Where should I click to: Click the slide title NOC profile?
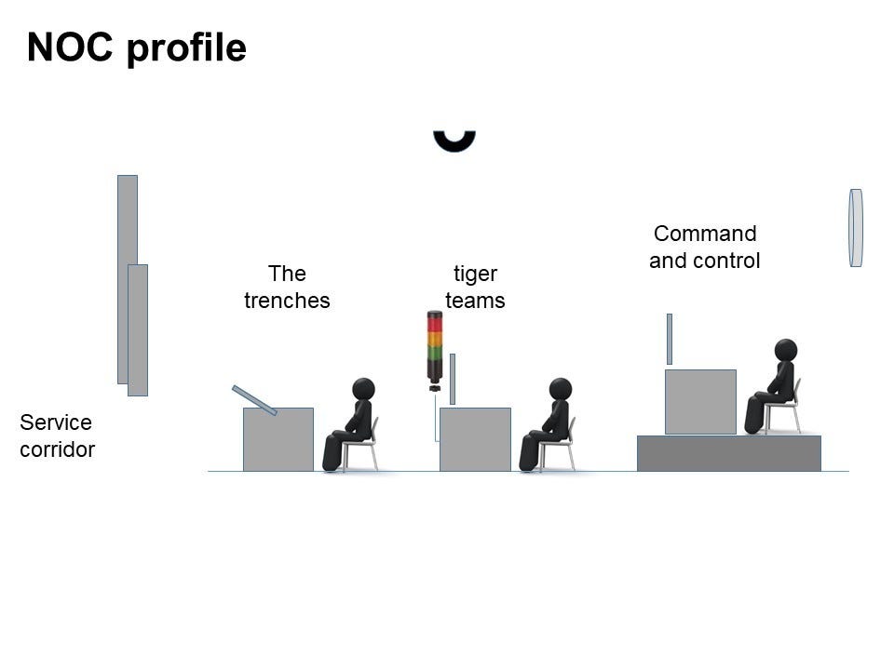(136, 47)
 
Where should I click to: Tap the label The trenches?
(287, 287)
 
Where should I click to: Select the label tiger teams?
(475, 287)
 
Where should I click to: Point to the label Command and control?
(704, 247)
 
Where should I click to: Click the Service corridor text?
(57, 435)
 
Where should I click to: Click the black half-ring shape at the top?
(454, 141)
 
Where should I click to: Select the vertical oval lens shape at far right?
(856, 228)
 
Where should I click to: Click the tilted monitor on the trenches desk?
(254, 400)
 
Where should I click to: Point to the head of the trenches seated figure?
(364, 388)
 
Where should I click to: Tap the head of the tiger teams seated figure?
(561, 388)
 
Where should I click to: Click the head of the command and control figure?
(786, 350)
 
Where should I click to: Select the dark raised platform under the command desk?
(728, 453)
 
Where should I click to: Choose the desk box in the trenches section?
(278, 439)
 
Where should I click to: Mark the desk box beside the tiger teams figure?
(475, 439)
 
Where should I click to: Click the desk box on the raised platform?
(700, 402)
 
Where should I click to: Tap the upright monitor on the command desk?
(669, 339)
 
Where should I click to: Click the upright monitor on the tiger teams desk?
(453, 379)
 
